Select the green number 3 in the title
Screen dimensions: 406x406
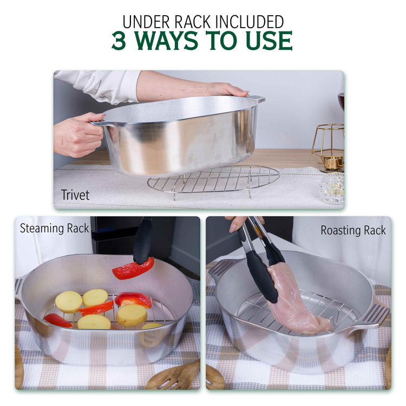tap(120, 41)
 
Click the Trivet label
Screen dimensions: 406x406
tap(75, 195)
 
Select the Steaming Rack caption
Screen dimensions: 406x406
tap(54, 228)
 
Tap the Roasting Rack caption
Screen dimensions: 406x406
tap(353, 230)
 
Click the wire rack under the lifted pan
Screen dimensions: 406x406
tap(214, 179)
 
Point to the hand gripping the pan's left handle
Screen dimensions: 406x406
tap(78, 134)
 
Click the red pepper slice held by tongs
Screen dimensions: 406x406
tap(133, 268)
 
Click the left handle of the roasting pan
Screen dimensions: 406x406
tap(221, 269)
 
